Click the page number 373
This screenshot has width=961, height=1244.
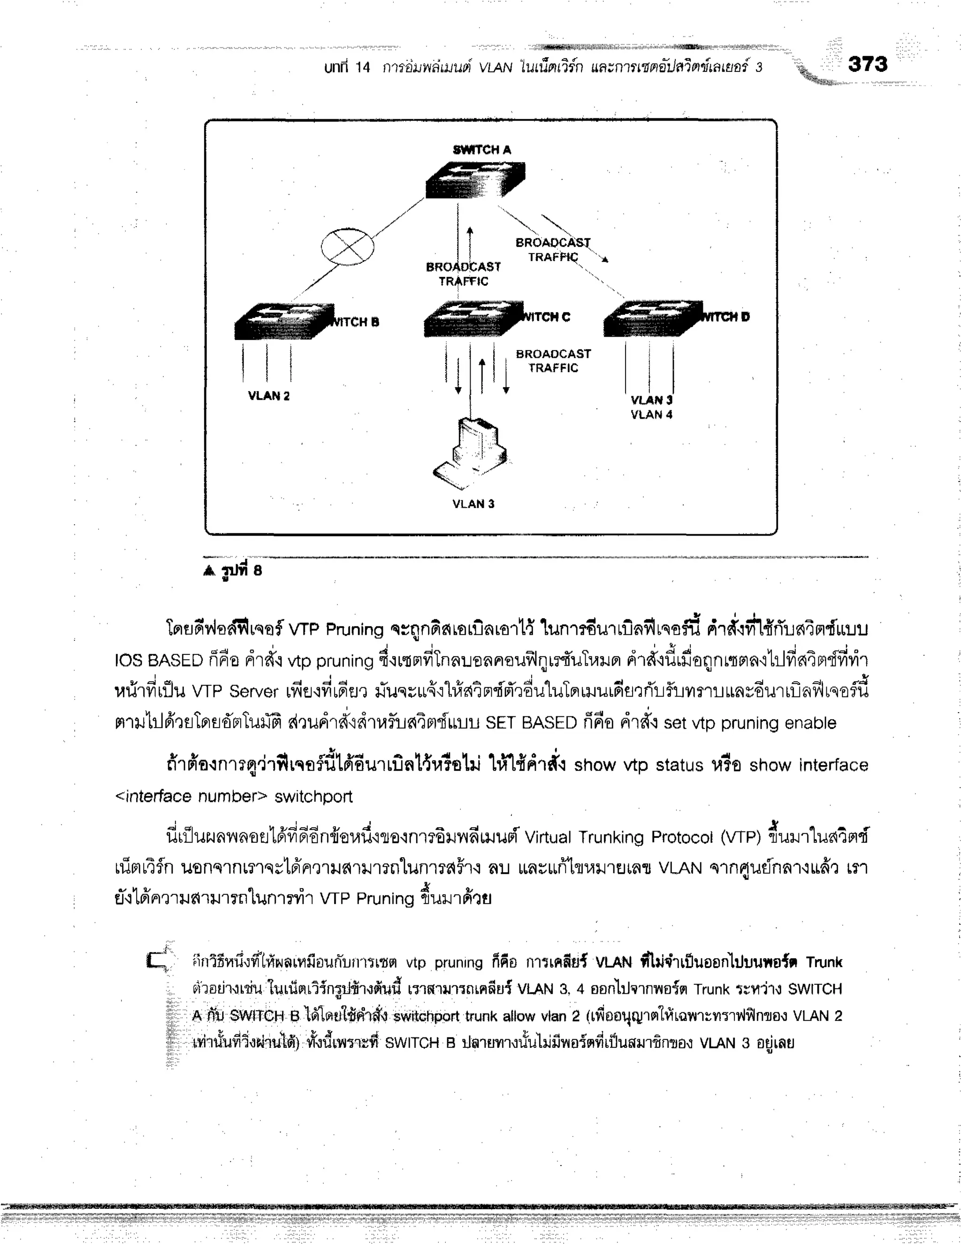point(867,64)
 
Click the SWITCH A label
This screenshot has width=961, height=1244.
point(481,150)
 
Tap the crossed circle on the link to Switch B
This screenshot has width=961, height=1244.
point(347,246)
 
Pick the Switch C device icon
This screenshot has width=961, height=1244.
point(473,318)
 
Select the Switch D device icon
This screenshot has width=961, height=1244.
point(652,318)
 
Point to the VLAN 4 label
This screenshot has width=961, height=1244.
point(651,415)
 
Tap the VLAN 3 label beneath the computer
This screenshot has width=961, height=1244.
point(473,504)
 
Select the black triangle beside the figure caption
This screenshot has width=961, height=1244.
point(209,571)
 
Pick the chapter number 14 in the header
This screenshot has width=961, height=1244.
point(362,68)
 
